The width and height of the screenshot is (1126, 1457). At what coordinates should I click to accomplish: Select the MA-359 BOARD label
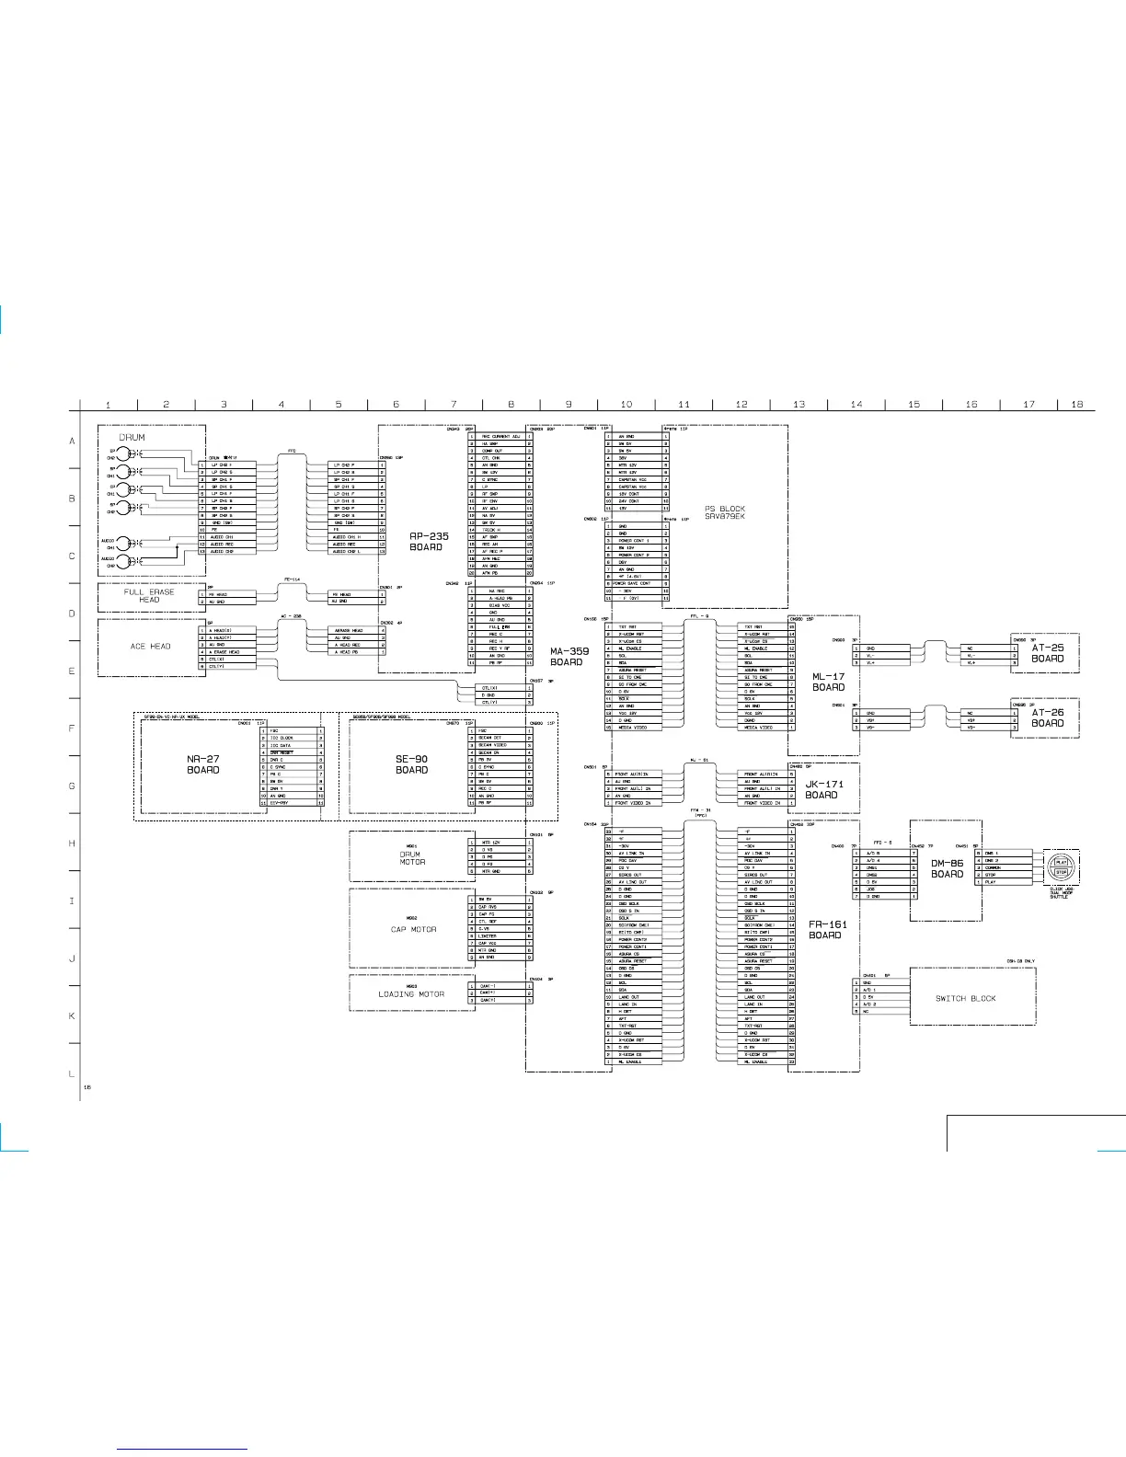tap(569, 657)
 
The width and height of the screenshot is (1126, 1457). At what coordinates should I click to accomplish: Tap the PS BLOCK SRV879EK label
tap(725, 512)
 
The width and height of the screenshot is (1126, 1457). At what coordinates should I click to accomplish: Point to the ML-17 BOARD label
tap(828, 682)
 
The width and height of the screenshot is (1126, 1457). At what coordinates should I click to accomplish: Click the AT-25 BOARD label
tap(1047, 653)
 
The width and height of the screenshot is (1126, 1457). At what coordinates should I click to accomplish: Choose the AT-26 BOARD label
tap(1047, 717)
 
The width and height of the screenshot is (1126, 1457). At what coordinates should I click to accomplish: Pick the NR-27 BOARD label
tap(203, 764)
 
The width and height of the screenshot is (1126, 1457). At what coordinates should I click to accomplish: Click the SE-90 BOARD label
tap(411, 764)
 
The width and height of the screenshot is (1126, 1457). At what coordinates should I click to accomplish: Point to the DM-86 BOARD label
tap(947, 868)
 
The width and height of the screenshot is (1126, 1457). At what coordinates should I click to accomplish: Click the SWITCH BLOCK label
tap(965, 998)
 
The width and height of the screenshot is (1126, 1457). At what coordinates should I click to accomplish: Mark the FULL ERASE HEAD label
tap(149, 596)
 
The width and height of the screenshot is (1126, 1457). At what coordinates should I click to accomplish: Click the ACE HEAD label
tap(150, 647)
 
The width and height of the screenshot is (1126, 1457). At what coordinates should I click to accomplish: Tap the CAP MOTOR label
tap(413, 929)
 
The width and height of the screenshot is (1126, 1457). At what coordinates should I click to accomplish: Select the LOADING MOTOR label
tap(411, 994)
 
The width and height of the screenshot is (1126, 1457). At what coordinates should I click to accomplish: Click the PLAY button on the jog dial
tap(1061, 862)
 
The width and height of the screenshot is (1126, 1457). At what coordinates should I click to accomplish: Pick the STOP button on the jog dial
tap(1061, 872)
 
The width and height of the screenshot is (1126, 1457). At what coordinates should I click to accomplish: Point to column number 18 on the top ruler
tap(1076, 405)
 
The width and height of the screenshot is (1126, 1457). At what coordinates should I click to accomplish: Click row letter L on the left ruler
tap(72, 1073)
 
